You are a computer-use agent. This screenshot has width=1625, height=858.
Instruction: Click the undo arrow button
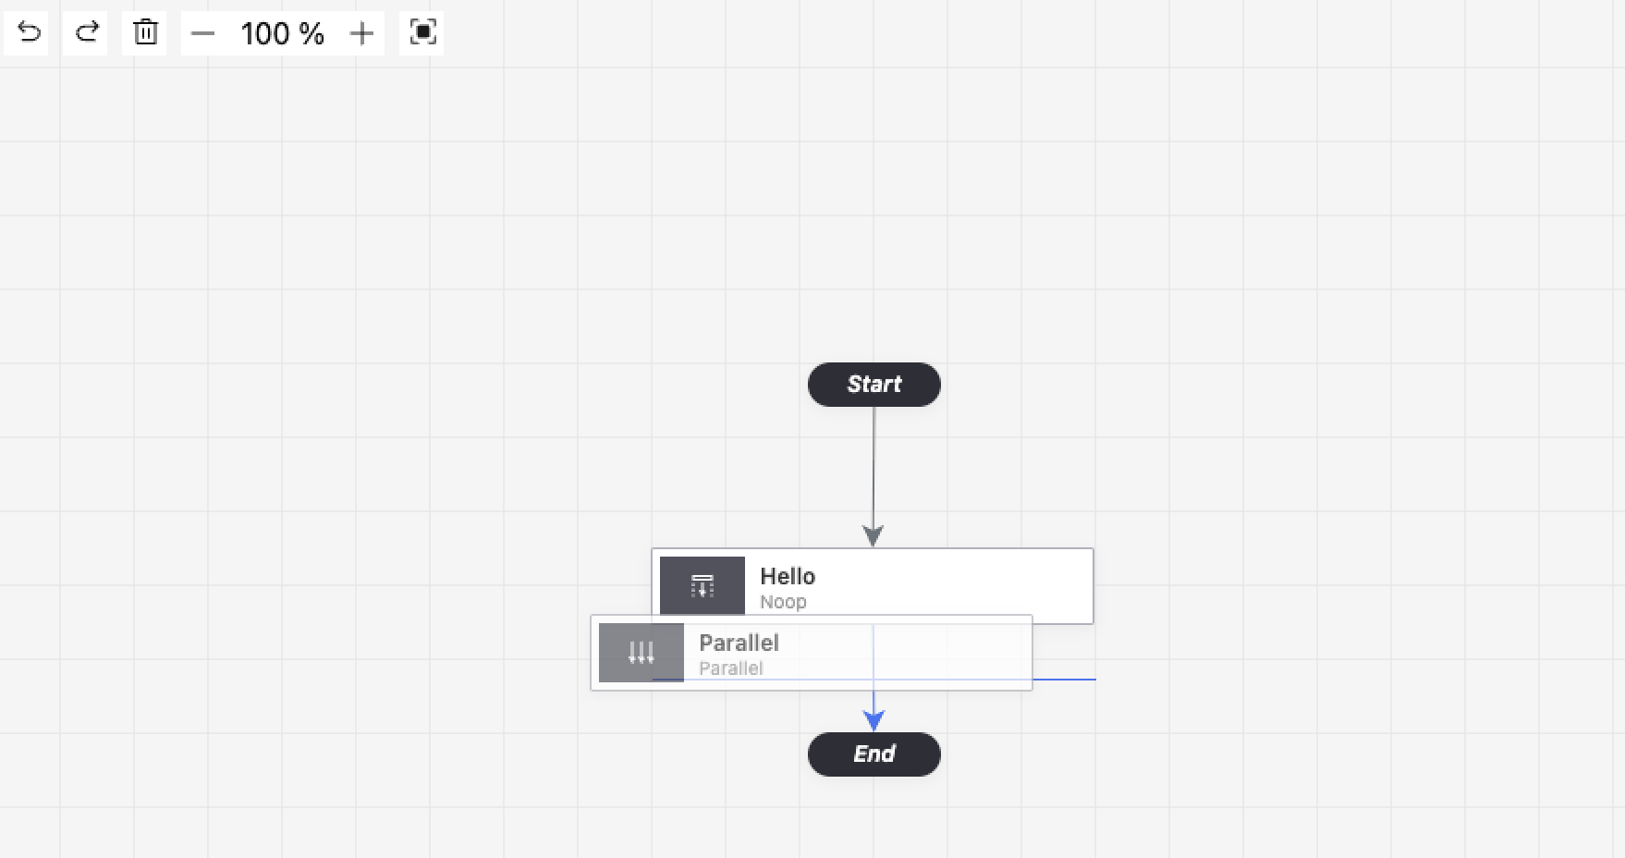(x=27, y=33)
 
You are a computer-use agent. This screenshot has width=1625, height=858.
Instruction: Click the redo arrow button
(x=85, y=33)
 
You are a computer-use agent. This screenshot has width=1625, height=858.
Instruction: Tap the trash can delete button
(x=145, y=33)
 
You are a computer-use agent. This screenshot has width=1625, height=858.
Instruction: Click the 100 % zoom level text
(x=282, y=34)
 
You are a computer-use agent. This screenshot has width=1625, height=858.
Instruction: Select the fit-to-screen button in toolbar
(x=422, y=33)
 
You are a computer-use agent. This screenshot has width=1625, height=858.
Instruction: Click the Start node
(x=874, y=385)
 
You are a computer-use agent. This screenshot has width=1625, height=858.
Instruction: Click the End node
(x=874, y=754)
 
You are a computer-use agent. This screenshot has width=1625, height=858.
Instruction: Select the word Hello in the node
(x=788, y=576)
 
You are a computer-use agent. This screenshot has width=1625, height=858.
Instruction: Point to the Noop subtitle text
(x=783, y=602)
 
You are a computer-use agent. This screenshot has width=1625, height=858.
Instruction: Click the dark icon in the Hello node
(x=703, y=585)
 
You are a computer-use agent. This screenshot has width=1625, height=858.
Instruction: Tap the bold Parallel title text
(x=739, y=643)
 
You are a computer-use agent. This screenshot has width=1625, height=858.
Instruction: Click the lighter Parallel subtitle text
(x=731, y=668)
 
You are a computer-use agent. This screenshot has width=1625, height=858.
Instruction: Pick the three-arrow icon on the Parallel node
(x=641, y=653)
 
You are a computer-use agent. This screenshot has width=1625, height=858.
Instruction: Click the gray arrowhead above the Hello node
(x=874, y=536)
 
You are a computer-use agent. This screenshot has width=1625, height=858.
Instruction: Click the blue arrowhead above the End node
(x=874, y=721)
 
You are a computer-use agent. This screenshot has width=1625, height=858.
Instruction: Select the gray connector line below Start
(x=874, y=467)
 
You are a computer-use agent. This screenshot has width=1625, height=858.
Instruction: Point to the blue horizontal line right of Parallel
(x=1064, y=680)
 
